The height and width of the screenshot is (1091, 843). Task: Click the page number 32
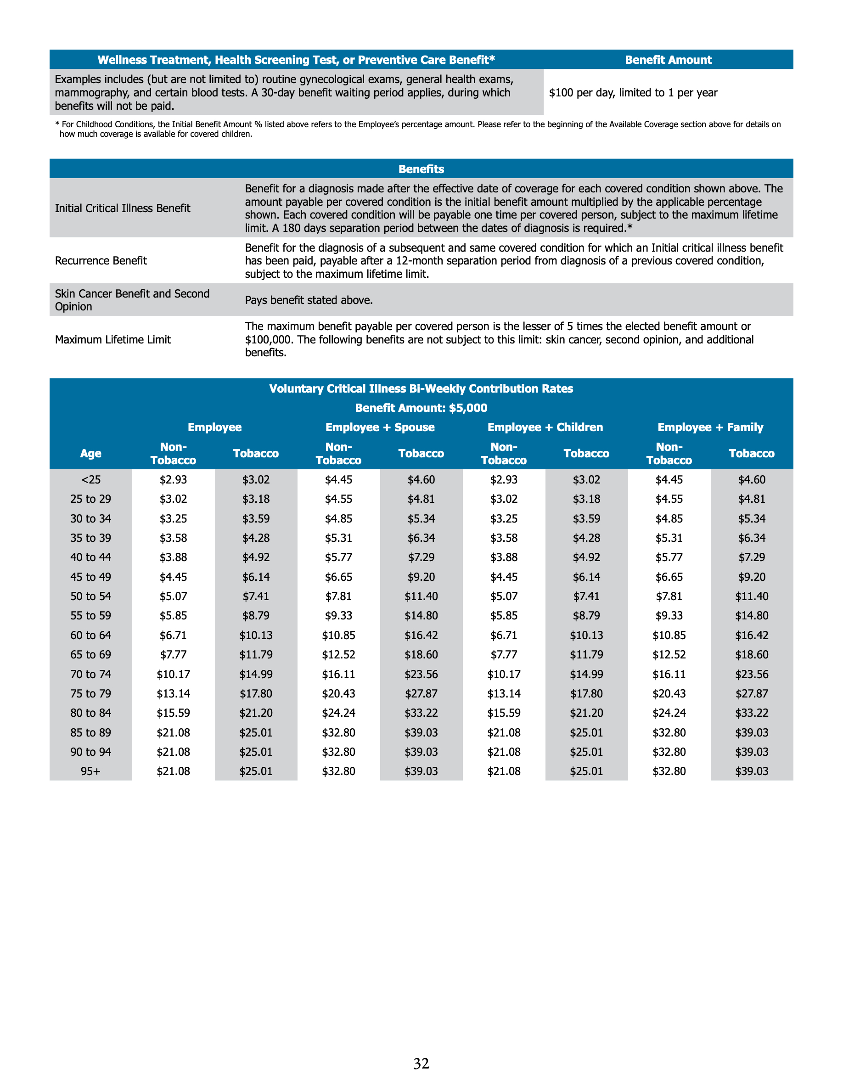tap(421, 1063)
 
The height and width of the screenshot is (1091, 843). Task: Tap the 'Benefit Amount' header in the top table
tap(668, 60)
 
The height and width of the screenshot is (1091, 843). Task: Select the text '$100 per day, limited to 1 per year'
tap(633, 93)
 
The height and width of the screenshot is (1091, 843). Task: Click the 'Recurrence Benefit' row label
tap(101, 261)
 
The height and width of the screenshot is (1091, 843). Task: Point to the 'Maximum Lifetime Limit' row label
tap(113, 340)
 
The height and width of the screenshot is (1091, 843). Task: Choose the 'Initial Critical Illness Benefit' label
tap(122, 208)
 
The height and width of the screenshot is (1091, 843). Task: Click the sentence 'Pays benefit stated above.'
tap(309, 300)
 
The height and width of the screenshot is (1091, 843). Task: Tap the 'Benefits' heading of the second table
tap(421, 169)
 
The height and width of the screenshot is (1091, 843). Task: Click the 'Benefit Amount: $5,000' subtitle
tap(421, 408)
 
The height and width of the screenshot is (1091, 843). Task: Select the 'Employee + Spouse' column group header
tap(380, 427)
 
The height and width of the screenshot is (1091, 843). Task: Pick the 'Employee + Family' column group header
tap(710, 427)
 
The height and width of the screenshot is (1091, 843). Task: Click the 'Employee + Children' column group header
tap(545, 427)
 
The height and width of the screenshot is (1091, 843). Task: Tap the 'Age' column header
tap(90, 454)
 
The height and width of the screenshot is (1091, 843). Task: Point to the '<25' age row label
tap(90, 479)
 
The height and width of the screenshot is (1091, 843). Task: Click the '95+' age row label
tap(90, 771)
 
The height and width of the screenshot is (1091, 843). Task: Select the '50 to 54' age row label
tap(90, 596)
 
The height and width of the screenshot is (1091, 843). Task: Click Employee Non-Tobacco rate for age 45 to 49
tap(173, 577)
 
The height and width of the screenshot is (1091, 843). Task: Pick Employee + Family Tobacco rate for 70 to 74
tap(751, 675)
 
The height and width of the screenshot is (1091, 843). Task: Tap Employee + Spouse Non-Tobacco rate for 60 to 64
tap(338, 635)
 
